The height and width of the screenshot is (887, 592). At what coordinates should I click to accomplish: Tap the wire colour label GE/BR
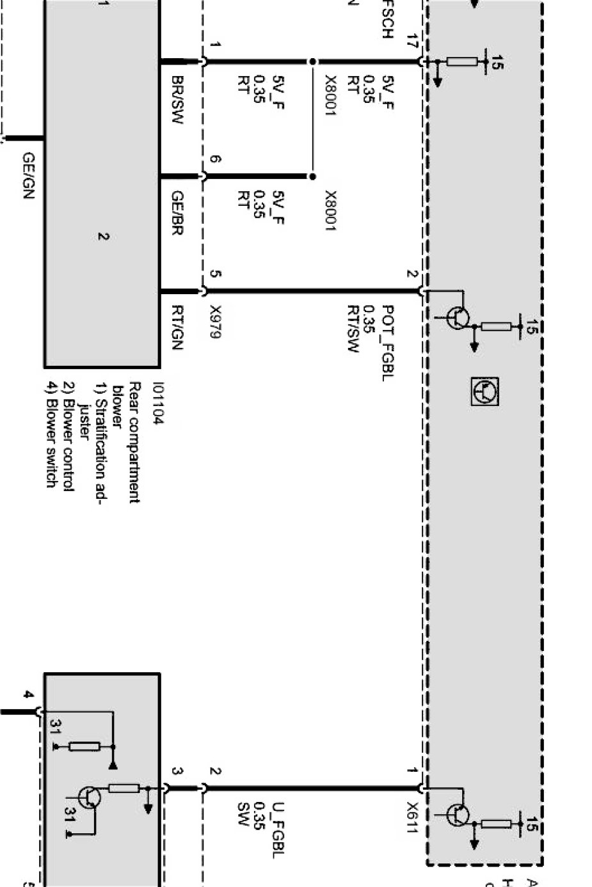click(x=177, y=213)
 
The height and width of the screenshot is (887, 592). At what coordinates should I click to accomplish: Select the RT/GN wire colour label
click(x=177, y=327)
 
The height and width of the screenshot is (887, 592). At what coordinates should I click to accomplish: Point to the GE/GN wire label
click(x=28, y=175)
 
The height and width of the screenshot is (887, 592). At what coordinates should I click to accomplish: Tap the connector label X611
click(x=411, y=818)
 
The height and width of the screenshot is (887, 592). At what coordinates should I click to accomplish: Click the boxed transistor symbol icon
click(x=485, y=391)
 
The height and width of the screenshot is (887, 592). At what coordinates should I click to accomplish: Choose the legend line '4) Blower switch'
click(x=51, y=434)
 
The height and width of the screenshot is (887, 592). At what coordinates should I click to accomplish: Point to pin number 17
click(x=411, y=44)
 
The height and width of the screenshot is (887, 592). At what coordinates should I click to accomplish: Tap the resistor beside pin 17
click(x=461, y=62)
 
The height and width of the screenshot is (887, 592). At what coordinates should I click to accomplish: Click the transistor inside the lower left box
click(x=88, y=797)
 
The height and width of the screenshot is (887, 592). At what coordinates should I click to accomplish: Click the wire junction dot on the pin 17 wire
click(x=312, y=62)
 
